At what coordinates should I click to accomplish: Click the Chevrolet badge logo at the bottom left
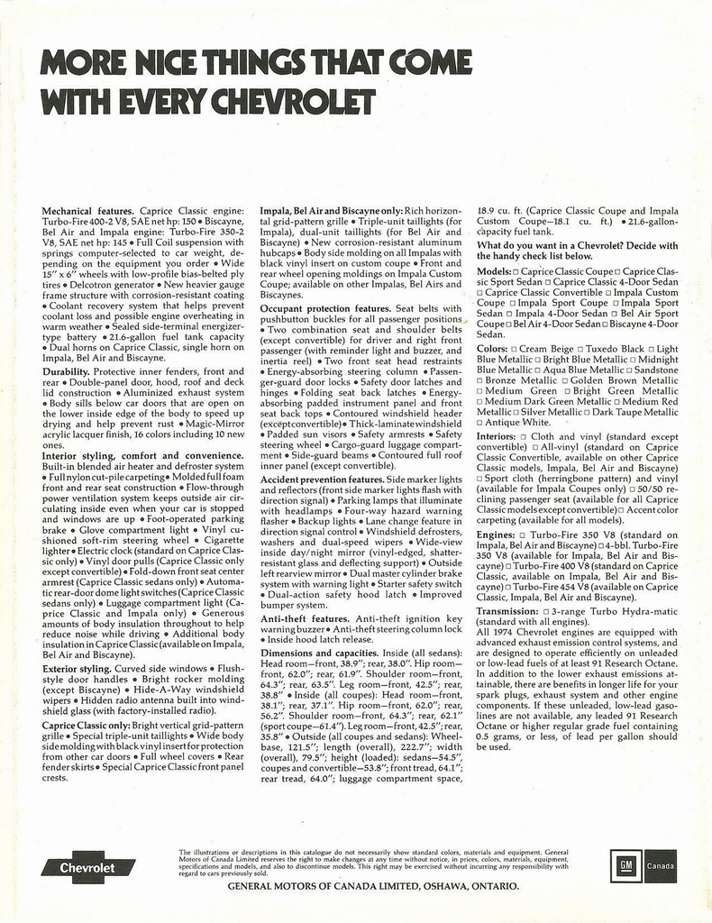[88, 867]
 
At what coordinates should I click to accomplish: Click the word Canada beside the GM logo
[661, 866]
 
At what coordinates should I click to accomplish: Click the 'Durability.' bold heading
[66, 371]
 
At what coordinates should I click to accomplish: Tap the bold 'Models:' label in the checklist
[494, 271]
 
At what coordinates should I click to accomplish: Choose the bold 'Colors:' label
[492, 348]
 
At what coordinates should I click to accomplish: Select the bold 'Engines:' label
[496, 535]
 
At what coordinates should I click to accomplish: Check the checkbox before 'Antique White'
[479, 423]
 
